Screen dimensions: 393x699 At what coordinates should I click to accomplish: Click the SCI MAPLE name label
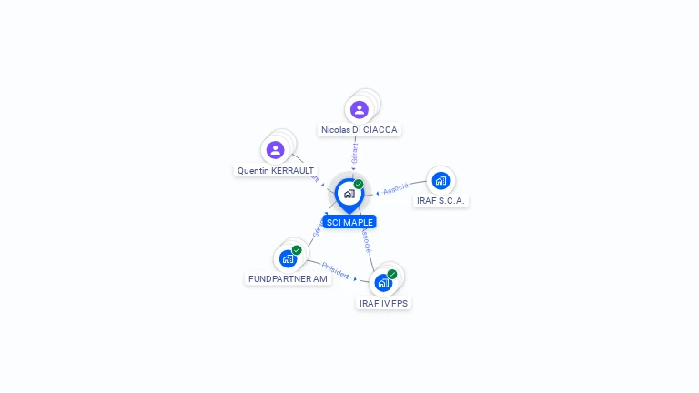click(x=349, y=222)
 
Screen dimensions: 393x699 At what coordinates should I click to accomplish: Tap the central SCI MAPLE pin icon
click(x=349, y=194)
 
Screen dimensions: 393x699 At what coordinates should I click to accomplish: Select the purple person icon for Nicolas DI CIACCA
click(x=360, y=109)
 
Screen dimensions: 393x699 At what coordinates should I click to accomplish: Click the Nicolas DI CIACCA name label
click(x=360, y=130)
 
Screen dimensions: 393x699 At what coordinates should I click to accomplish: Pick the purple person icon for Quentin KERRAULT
click(x=276, y=149)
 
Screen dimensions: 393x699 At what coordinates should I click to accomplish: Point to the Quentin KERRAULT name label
click(x=276, y=170)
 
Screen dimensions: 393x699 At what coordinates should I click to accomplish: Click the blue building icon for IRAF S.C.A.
click(x=441, y=180)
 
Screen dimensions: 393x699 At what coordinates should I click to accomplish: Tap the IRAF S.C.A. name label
click(x=441, y=200)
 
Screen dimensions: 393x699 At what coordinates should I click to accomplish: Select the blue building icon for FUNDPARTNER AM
click(x=289, y=258)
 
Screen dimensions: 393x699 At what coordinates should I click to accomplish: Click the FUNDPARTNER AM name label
click(x=288, y=278)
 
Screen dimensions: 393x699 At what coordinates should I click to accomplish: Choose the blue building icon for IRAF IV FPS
click(x=383, y=282)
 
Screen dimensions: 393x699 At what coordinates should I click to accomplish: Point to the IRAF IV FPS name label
click(x=384, y=303)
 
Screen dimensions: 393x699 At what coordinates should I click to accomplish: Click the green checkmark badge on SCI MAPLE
click(x=359, y=185)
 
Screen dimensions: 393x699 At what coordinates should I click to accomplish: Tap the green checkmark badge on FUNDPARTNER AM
click(x=297, y=250)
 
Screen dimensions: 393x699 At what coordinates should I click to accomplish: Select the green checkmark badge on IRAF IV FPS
click(x=392, y=274)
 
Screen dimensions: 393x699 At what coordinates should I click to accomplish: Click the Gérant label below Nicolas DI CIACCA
click(x=354, y=152)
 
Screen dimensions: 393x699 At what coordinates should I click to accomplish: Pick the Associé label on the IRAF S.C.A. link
click(x=396, y=188)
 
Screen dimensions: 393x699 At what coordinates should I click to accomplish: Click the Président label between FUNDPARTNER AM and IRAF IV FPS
click(x=335, y=270)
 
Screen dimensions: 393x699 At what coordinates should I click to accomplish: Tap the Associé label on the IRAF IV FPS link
click(x=365, y=239)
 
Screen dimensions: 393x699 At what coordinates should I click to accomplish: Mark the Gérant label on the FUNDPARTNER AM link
click(x=319, y=227)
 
